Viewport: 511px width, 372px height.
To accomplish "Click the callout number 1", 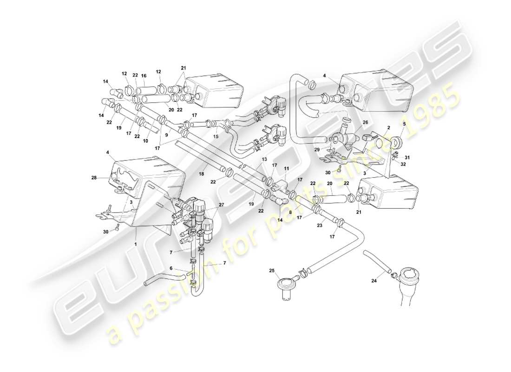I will (x=135, y=243).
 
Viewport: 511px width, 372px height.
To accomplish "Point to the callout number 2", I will (x=388, y=127).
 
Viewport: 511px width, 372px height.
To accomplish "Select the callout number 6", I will (x=170, y=268).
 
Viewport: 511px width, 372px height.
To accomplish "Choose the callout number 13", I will (x=264, y=159).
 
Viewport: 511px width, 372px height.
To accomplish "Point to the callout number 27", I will (x=221, y=205).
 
